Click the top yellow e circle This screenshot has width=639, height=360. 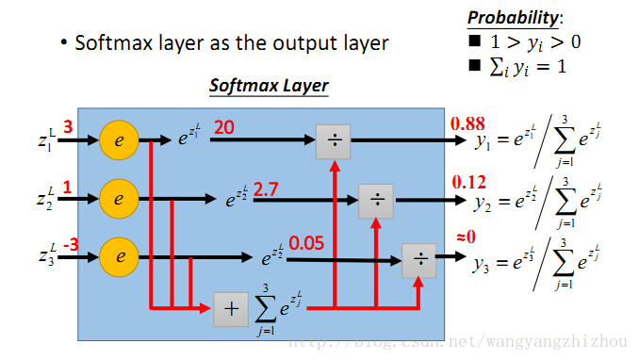click(x=119, y=140)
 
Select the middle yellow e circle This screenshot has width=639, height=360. click(x=119, y=199)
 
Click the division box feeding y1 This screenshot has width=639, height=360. click(x=334, y=140)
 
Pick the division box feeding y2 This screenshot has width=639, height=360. click(x=376, y=200)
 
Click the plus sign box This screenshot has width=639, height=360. click(x=230, y=309)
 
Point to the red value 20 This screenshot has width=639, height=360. click(x=223, y=127)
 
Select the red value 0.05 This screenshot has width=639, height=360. click(x=305, y=243)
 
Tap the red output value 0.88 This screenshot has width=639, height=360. click(x=467, y=123)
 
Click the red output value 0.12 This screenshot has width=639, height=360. click(x=467, y=181)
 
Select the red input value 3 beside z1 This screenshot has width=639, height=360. click(x=68, y=127)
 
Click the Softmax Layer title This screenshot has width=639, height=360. click(x=269, y=86)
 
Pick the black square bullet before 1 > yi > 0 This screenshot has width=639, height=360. click(x=473, y=41)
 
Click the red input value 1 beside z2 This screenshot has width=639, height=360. click(x=67, y=186)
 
